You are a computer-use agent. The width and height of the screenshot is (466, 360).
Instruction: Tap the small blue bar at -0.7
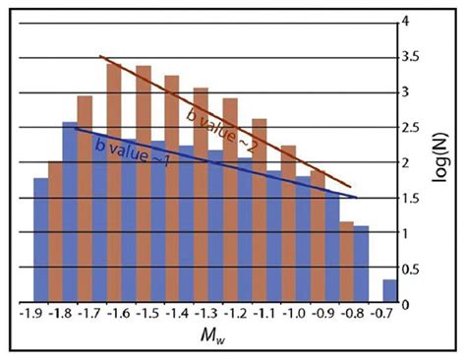click(390, 292)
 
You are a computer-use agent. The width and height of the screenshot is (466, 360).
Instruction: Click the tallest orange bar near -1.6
click(113, 182)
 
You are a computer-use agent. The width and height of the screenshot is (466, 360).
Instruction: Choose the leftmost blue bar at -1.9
click(40, 241)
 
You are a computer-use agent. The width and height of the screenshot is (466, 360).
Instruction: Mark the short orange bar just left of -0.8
click(346, 263)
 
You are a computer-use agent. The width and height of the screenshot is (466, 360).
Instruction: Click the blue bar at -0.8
click(361, 265)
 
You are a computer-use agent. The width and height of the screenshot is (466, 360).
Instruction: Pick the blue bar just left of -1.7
click(70, 212)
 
